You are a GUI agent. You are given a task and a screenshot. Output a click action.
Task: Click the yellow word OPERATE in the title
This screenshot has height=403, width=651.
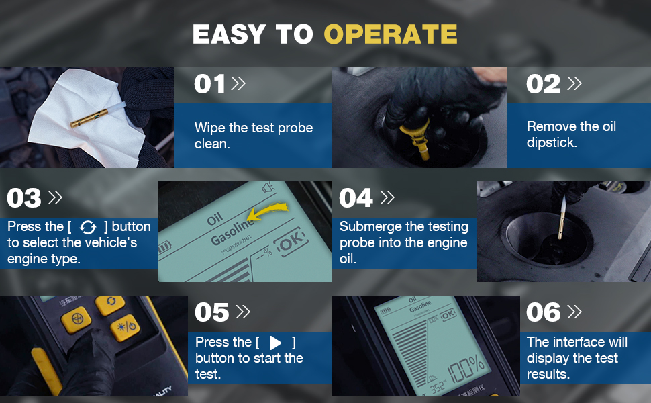[x=391, y=34]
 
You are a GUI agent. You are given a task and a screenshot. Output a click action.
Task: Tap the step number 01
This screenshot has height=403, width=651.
[x=209, y=84]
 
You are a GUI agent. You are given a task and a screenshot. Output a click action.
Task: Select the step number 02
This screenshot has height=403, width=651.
[x=542, y=84]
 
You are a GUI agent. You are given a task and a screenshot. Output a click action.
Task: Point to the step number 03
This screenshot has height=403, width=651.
[x=24, y=198]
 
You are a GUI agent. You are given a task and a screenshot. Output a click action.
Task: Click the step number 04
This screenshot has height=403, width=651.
[x=356, y=198]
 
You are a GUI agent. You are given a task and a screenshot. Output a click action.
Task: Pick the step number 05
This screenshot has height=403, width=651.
[x=212, y=312]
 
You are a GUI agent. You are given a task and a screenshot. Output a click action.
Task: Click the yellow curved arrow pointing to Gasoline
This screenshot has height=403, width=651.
[x=271, y=213]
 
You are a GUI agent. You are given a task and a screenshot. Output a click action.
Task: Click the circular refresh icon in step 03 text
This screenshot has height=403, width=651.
[x=88, y=227]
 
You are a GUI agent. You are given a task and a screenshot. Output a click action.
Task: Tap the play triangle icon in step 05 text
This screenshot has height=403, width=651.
[x=275, y=343]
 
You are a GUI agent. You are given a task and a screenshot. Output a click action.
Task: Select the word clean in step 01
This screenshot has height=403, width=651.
[x=212, y=144]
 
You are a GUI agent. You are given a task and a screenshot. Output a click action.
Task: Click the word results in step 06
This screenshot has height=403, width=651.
[x=548, y=374]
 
